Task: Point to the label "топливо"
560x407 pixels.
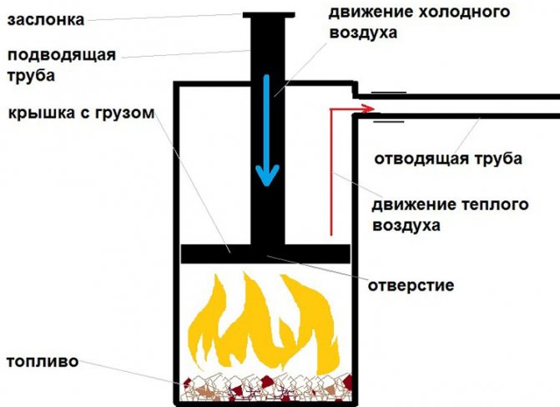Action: click(x=42, y=362)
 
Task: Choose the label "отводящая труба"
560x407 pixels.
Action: click(x=447, y=158)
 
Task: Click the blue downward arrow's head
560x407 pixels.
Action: click(x=267, y=178)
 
